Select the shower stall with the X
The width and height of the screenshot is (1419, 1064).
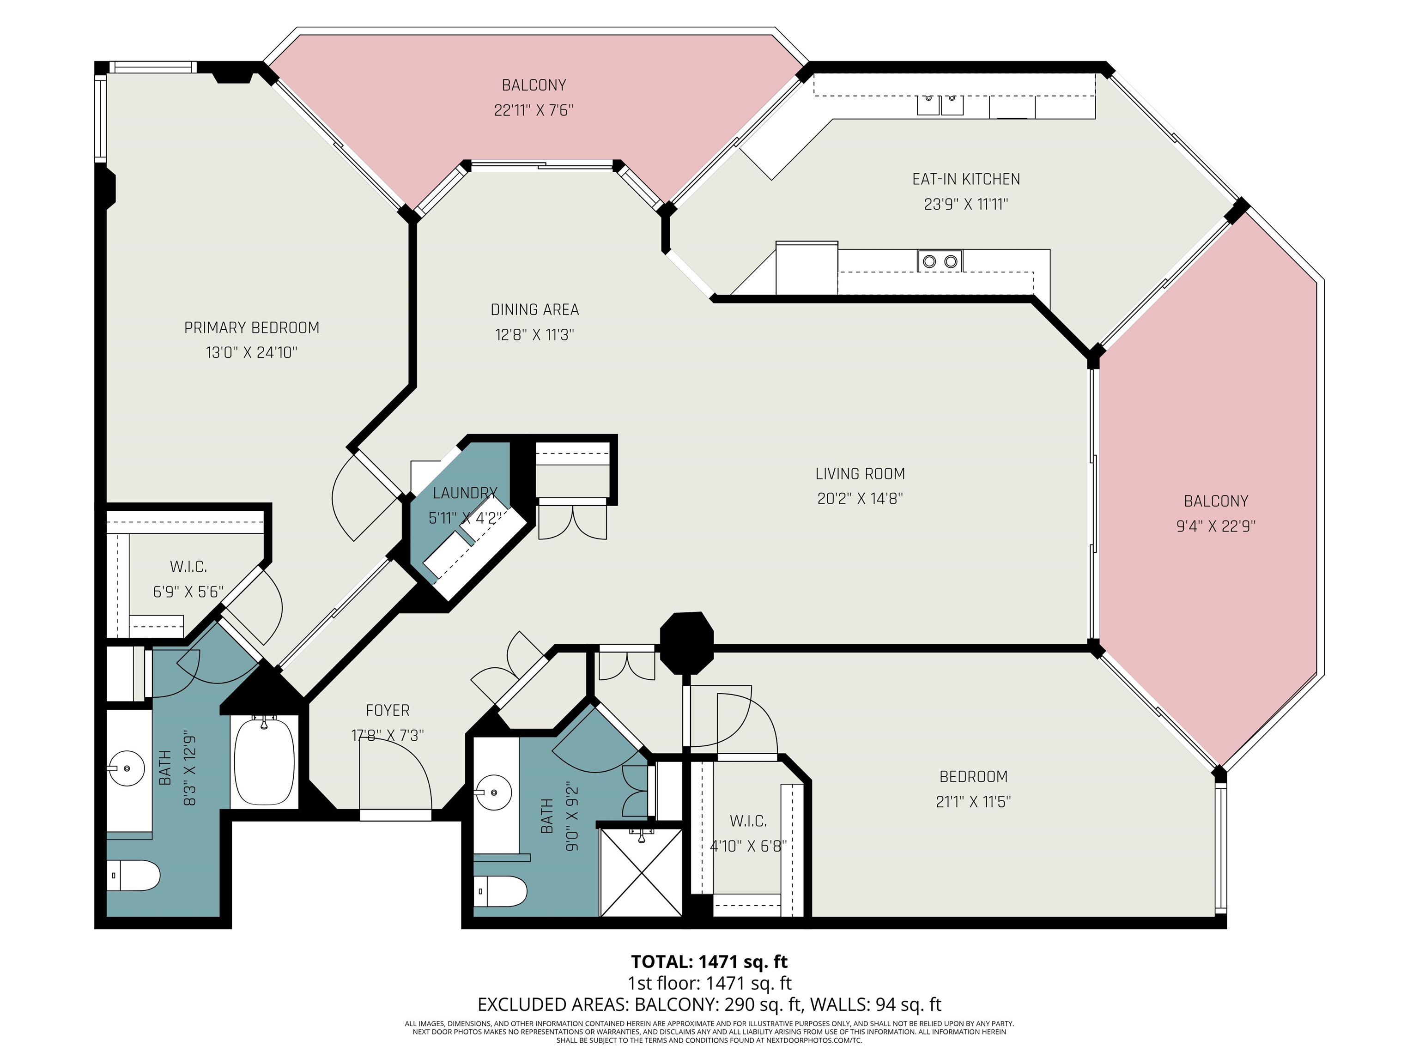tap(641, 872)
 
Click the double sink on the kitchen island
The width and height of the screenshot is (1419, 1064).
tap(940, 261)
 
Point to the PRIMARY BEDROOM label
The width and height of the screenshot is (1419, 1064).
tap(251, 328)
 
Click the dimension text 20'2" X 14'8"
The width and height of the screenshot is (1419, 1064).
tap(860, 498)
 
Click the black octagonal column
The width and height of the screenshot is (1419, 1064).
tap(686, 643)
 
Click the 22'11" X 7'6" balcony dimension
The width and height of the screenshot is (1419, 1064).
tap(533, 110)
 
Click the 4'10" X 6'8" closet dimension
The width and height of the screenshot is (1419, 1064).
tap(747, 846)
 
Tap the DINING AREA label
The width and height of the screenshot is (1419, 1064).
tap(534, 310)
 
